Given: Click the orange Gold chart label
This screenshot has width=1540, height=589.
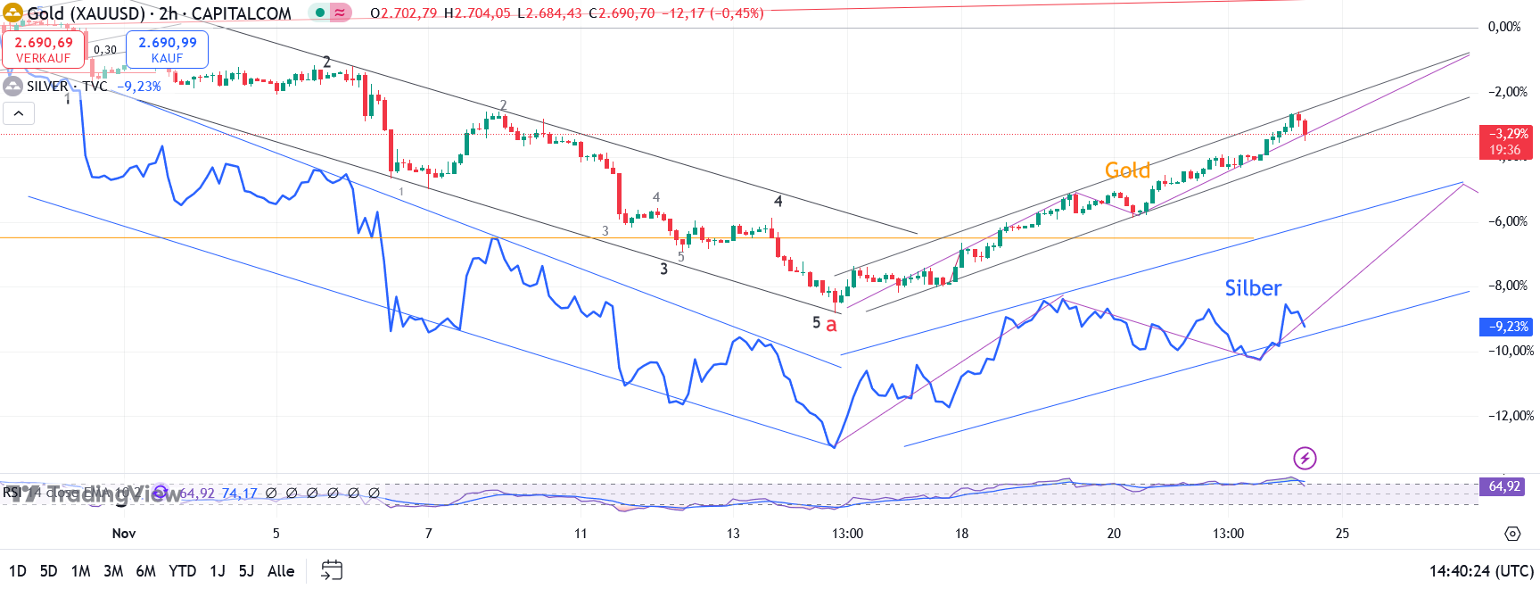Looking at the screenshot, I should point(1127,170).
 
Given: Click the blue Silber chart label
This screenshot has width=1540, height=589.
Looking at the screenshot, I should point(1252,288).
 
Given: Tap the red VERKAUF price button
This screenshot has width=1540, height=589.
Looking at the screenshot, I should point(44,50).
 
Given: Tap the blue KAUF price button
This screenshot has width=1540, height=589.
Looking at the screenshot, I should point(168,50).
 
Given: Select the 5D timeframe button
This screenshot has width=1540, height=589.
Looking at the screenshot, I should point(49,571).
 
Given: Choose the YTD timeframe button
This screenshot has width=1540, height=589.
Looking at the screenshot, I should point(182,571).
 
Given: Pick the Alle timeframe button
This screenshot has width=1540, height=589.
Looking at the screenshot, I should point(281,571).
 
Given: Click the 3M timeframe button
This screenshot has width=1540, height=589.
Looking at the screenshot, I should point(113,571).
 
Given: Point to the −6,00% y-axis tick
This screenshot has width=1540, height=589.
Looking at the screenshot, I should point(1506,221).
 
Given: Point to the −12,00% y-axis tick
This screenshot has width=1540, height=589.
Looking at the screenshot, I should point(1510,416).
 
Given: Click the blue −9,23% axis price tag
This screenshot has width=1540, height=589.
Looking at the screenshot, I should point(1505,327).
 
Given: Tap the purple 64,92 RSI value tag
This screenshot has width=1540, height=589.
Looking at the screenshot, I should point(1503,486).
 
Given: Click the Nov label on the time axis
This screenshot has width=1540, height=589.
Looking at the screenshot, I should point(124,534).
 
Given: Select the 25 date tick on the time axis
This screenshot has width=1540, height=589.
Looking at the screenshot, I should point(1342,534).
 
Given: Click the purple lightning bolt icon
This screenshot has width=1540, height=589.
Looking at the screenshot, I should point(1305,459).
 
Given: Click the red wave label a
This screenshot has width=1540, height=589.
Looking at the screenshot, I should point(831,325).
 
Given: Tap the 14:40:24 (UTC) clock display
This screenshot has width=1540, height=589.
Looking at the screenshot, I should point(1481,571).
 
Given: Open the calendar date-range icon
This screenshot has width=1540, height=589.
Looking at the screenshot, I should point(332,570).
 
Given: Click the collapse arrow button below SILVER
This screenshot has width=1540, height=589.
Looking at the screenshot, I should point(19,113).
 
